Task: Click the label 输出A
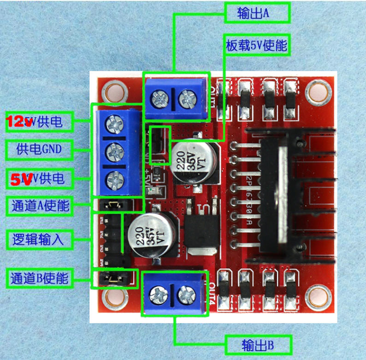coord(257,13)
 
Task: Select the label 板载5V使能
coord(256,45)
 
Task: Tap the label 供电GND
coord(39,149)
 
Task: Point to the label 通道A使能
coord(39,205)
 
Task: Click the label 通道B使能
coord(39,278)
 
